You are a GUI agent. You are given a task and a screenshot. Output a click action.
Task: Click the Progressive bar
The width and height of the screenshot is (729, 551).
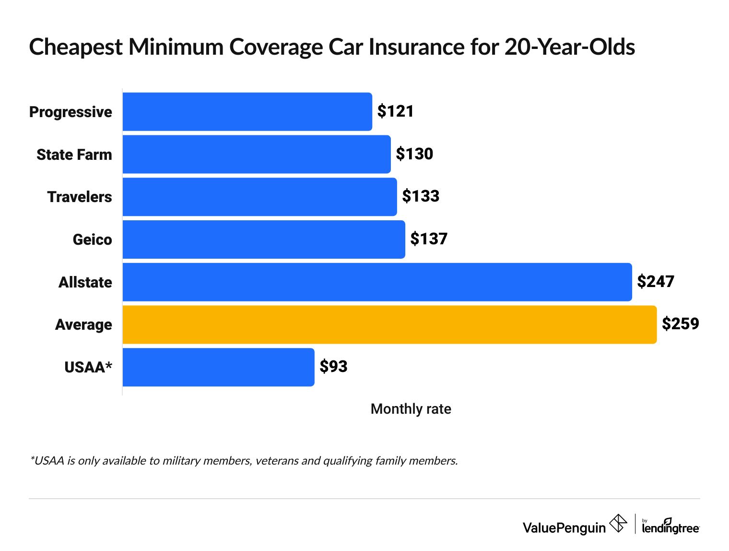click(x=247, y=111)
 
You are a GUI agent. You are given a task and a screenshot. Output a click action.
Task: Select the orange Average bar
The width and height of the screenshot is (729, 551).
click(x=389, y=324)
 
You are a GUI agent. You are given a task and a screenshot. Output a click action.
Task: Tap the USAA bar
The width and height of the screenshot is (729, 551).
click(x=218, y=367)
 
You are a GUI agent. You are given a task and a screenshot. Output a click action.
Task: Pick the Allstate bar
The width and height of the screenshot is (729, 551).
click(x=377, y=282)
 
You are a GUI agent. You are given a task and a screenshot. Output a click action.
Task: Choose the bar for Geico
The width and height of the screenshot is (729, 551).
click(x=264, y=239)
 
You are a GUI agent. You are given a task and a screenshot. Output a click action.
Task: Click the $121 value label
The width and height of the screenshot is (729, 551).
click(x=395, y=111)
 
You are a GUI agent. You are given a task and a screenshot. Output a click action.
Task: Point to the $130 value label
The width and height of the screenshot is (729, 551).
click(x=414, y=154)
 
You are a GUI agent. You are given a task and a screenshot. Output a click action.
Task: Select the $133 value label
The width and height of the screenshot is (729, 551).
click(x=421, y=196)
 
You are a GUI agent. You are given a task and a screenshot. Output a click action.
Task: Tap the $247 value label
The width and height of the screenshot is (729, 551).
click(x=655, y=282)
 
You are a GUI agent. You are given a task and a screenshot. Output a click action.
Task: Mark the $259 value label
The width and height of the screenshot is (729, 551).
click(x=680, y=324)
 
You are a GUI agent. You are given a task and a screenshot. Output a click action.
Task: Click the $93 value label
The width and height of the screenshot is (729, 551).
click(x=333, y=367)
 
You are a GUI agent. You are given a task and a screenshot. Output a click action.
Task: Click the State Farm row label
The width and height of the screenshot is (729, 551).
click(x=74, y=155)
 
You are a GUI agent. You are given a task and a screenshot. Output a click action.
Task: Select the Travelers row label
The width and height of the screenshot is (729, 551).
click(x=80, y=197)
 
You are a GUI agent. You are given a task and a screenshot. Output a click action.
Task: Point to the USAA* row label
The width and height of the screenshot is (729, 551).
click(x=88, y=367)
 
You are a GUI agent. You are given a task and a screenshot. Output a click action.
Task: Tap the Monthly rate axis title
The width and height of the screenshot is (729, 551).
click(x=411, y=409)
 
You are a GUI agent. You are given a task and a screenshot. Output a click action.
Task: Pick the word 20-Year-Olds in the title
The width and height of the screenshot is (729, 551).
click(x=569, y=47)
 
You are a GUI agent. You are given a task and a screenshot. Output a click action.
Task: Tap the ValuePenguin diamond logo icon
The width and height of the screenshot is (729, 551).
click(x=618, y=523)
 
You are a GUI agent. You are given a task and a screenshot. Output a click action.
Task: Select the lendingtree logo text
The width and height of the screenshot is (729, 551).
click(x=670, y=527)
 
